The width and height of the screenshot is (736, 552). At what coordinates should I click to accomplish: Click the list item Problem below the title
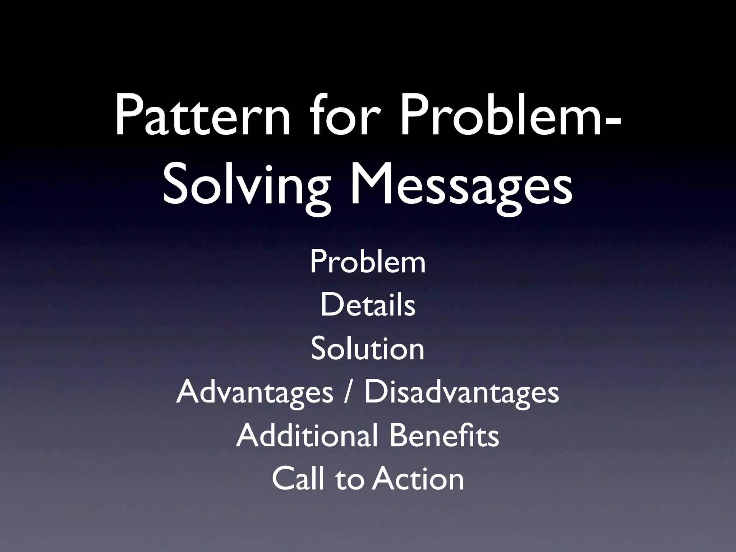click(x=368, y=262)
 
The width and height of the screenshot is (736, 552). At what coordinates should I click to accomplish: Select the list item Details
click(x=368, y=305)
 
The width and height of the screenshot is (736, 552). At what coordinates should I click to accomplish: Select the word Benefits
click(x=444, y=436)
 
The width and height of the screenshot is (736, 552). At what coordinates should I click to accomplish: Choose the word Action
click(x=418, y=479)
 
